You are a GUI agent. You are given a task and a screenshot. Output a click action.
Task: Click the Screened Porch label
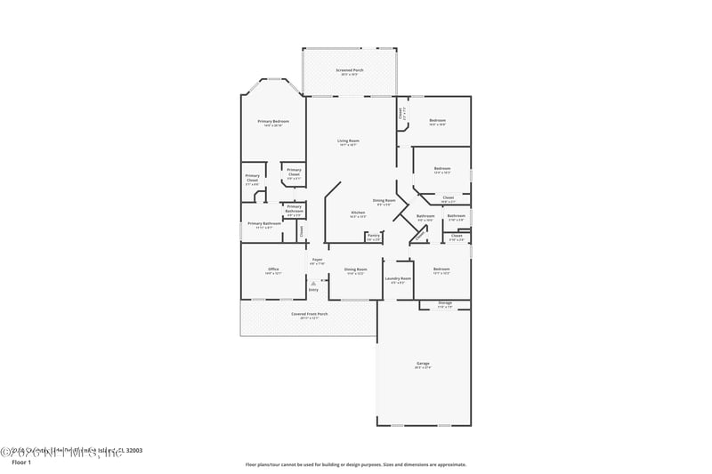tap(349, 70)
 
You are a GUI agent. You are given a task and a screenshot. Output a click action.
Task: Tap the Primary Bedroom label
tap(273, 121)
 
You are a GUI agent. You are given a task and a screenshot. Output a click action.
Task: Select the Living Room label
tap(348, 141)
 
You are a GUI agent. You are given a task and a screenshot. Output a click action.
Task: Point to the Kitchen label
tap(358, 213)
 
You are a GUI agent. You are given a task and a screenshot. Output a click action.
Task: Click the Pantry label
tap(374, 236)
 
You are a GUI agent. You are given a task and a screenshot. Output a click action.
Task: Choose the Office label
tap(273, 269)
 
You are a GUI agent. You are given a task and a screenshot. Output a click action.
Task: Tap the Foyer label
tap(317, 260)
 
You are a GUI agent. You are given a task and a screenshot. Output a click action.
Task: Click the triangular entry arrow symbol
tap(313, 283)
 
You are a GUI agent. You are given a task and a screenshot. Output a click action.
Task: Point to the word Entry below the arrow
tap(313, 290)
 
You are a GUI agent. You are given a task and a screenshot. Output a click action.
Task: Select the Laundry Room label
tap(398, 278)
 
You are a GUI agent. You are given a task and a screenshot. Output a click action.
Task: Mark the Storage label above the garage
tap(445, 303)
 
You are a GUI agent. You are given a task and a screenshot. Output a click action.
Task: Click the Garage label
tap(423, 364)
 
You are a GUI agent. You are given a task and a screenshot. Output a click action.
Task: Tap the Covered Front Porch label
tap(310, 314)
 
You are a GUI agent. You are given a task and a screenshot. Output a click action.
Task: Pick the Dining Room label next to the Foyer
tap(356, 269)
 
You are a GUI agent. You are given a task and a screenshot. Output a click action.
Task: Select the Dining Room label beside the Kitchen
tap(384, 201)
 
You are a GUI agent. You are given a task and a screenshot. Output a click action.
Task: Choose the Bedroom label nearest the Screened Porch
tap(437, 120)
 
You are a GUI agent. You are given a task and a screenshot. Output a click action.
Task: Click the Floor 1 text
tap(21, 462)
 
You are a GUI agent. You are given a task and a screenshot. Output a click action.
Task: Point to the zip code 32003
tap(133, 450)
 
